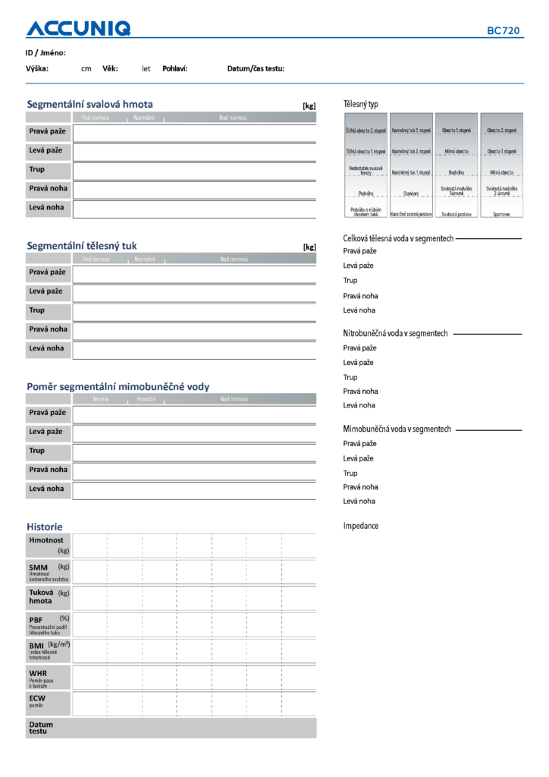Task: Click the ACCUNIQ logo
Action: pos(78,29)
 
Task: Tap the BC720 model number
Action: pos(504,31)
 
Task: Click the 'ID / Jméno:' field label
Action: pos(45,52)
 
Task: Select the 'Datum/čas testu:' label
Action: pos(256,68)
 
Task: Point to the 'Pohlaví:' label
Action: pos(175,68)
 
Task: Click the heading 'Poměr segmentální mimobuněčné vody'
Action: pos(118,386)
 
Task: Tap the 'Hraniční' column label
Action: pos(146,399)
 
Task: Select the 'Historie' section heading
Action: pos(45,526)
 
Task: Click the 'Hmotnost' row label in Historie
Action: pos(45,540)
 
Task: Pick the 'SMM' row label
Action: pos(38,568)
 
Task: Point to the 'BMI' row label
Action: pos(36,646)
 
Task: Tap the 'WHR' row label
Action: pos(38,673)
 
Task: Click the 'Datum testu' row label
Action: pos(41,728)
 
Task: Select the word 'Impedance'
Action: pos(361,526)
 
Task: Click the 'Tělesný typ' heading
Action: pos(361,104)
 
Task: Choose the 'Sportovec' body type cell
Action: pos(501,215)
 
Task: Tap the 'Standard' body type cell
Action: pos(411,193)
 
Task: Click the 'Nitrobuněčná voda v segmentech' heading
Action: pos(395,333)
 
